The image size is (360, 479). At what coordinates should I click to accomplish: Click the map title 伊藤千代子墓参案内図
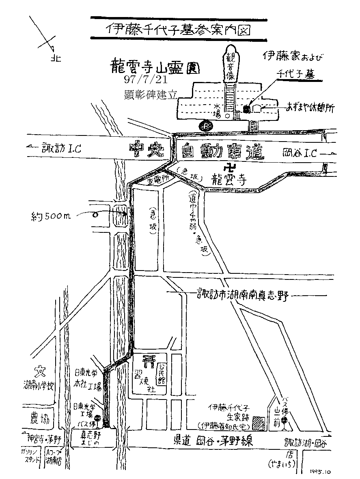coord(179,29)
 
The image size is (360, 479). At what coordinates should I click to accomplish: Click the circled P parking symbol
coord(206,125)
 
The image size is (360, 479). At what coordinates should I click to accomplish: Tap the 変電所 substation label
coord(157,179)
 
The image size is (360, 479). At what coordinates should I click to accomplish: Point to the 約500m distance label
coord(52,216)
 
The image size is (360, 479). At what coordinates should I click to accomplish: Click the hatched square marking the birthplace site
coord(258,423)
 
